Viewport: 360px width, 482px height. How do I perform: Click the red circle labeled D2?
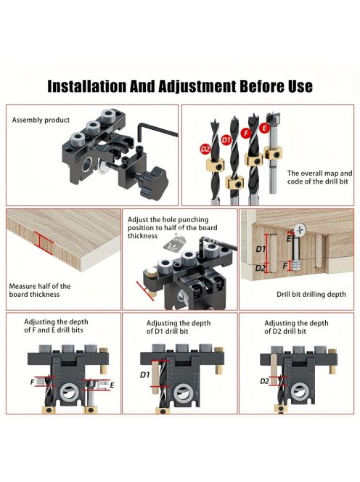tap(205, 150)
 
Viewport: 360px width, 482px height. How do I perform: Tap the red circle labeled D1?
tap(226, 140)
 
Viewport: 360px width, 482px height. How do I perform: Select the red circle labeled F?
tap(245, 133)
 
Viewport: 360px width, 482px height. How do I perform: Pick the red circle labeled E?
tap(264, 128)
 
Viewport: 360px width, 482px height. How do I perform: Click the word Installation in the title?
tap(86, 86)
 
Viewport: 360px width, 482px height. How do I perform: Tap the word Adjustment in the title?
tap(197, 86)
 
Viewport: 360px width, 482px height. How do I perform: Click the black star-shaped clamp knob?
tap(155, 181)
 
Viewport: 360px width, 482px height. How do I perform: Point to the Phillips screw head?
tap(300, 230)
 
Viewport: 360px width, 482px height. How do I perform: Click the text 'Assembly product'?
tap(41, 120)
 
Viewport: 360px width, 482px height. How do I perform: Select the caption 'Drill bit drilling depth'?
tap(311, 294)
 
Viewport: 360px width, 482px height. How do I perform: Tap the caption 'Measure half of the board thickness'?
tap(40, 290)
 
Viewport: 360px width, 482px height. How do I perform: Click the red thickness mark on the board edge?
tap(41, 240)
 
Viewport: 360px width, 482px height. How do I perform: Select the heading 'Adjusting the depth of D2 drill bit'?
tap(296, 327)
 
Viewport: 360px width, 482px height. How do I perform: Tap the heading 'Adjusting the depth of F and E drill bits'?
tap(57, 326)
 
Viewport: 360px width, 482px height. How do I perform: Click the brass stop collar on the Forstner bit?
tap(273, 152)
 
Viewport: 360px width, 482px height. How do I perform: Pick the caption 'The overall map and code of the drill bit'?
tap(320, 177)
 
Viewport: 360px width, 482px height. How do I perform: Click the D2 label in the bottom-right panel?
tap(264, 381)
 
